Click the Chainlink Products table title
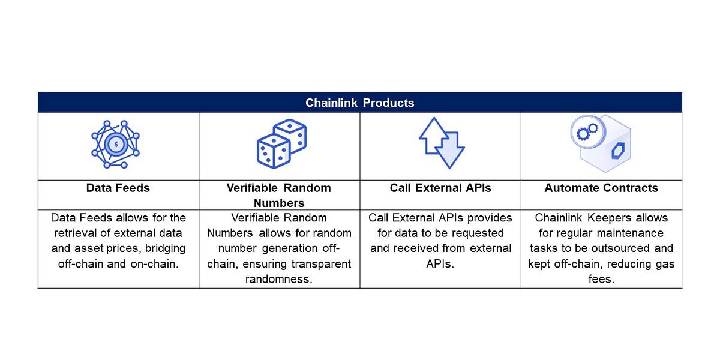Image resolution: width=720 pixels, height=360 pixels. tap(359, 103)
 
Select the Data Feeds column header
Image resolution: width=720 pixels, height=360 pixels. tap(118, 188)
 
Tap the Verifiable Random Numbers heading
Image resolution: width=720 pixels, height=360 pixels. tap(279, 195)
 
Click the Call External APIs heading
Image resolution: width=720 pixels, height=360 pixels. tap(440, 188)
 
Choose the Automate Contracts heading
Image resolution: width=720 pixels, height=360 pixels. tap(601, 188)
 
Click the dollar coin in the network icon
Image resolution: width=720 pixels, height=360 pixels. tap(115, 144)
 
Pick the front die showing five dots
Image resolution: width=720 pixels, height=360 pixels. tap(273, 150)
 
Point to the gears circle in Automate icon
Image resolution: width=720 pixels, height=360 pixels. tap(583, 131)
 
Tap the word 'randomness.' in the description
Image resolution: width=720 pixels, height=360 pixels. tap(279, 279)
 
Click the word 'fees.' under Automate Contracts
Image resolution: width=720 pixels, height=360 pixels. tap(601, 279)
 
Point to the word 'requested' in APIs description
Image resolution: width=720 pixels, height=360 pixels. tap(474, 233)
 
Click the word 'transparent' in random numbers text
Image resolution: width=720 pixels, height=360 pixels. tap(321, 263)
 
